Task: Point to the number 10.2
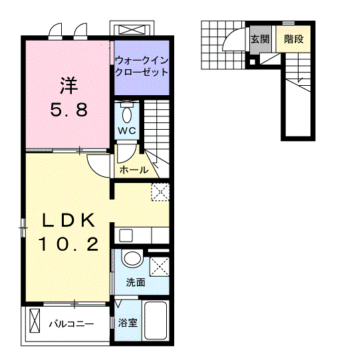[x=68, y=244]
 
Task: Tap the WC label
[x=128, y=130]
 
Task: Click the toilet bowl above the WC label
[x=128, y=110]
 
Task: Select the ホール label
[x=133, y=170]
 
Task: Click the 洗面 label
[x=136, y=282]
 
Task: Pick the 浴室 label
[x=128, y=323]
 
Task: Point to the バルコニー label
[x=70, y=324]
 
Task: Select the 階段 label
[x=293, y=40]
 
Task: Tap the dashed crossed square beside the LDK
[x=160, y=192]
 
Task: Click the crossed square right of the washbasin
[x=160, y=266]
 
